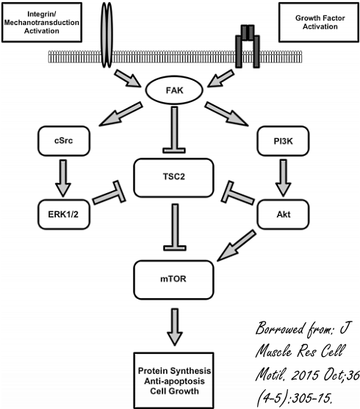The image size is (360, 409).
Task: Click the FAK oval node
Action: pyautogui.click(x=174, y=90)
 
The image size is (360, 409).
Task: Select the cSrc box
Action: pyautogui.click(x=64, y=141)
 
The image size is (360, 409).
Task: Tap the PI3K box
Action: pyautogui.click(x=283, y=141)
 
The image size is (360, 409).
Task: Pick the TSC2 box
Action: pyautogui.click(x=173, y=178)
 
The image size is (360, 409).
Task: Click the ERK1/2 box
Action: pyautogui.click(x=64, y=214)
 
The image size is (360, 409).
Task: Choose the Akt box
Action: pyautogui.click(x=283, y=214)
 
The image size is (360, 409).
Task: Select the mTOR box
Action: pyautogui.click(x=173, y=280)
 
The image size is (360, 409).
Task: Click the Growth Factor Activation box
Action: pyautogui.click(x=319, y=23)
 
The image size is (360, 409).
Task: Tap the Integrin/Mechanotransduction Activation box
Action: pyautogui.click(x=42, y=23)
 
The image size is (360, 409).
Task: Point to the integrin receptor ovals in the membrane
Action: pyautogui.click(x=107, y=35)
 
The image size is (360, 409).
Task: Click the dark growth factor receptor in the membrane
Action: pyautogui.click(x=248, y=46)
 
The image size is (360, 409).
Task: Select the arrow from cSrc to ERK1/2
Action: pyautogui.click(x=63, y=178)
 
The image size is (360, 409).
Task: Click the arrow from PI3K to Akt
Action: pyautogui.click(x=284, y=178)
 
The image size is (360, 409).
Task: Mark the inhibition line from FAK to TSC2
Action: pyautogui.click(x=174, y=130)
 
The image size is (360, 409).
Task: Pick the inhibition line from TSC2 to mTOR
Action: pyautogui.click(x=175, y=227)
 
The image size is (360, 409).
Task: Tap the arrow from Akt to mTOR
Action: pyautogui.click(x=237, y=245)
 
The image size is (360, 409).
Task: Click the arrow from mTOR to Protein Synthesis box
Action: pyautogui.click(x=175, y=327)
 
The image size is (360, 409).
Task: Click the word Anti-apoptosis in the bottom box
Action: pyautogui.click(x=174, y=381)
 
